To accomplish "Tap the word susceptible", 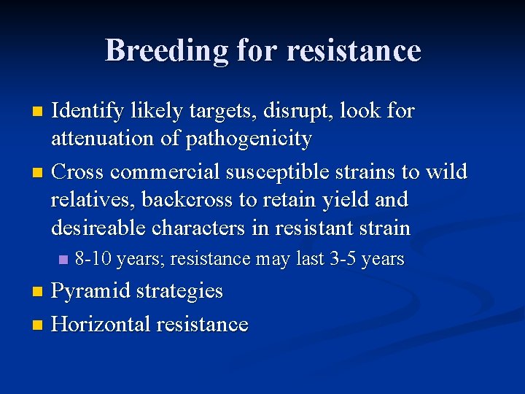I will pyautogui.click(x=297, y=172).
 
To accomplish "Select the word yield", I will pyautogui.click(x=361, y=199).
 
